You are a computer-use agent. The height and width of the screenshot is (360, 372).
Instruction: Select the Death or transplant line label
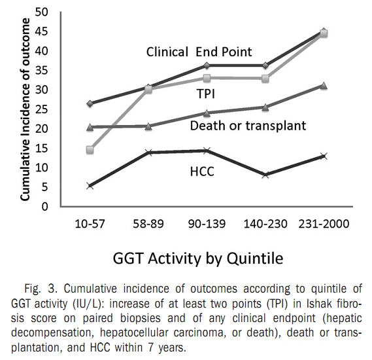click(248, 125)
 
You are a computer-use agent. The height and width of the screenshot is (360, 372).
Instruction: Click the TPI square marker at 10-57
click(90, 150)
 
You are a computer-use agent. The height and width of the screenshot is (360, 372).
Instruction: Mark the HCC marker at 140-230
click(265, 175)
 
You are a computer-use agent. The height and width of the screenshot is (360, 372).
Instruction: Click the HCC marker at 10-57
click(90, 186)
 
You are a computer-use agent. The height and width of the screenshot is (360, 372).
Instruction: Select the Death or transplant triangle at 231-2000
click(324, 86)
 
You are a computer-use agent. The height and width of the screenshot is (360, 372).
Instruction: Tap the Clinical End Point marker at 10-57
click(90, 103)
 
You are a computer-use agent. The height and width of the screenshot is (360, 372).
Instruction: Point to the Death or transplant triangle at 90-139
click(207, 113)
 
